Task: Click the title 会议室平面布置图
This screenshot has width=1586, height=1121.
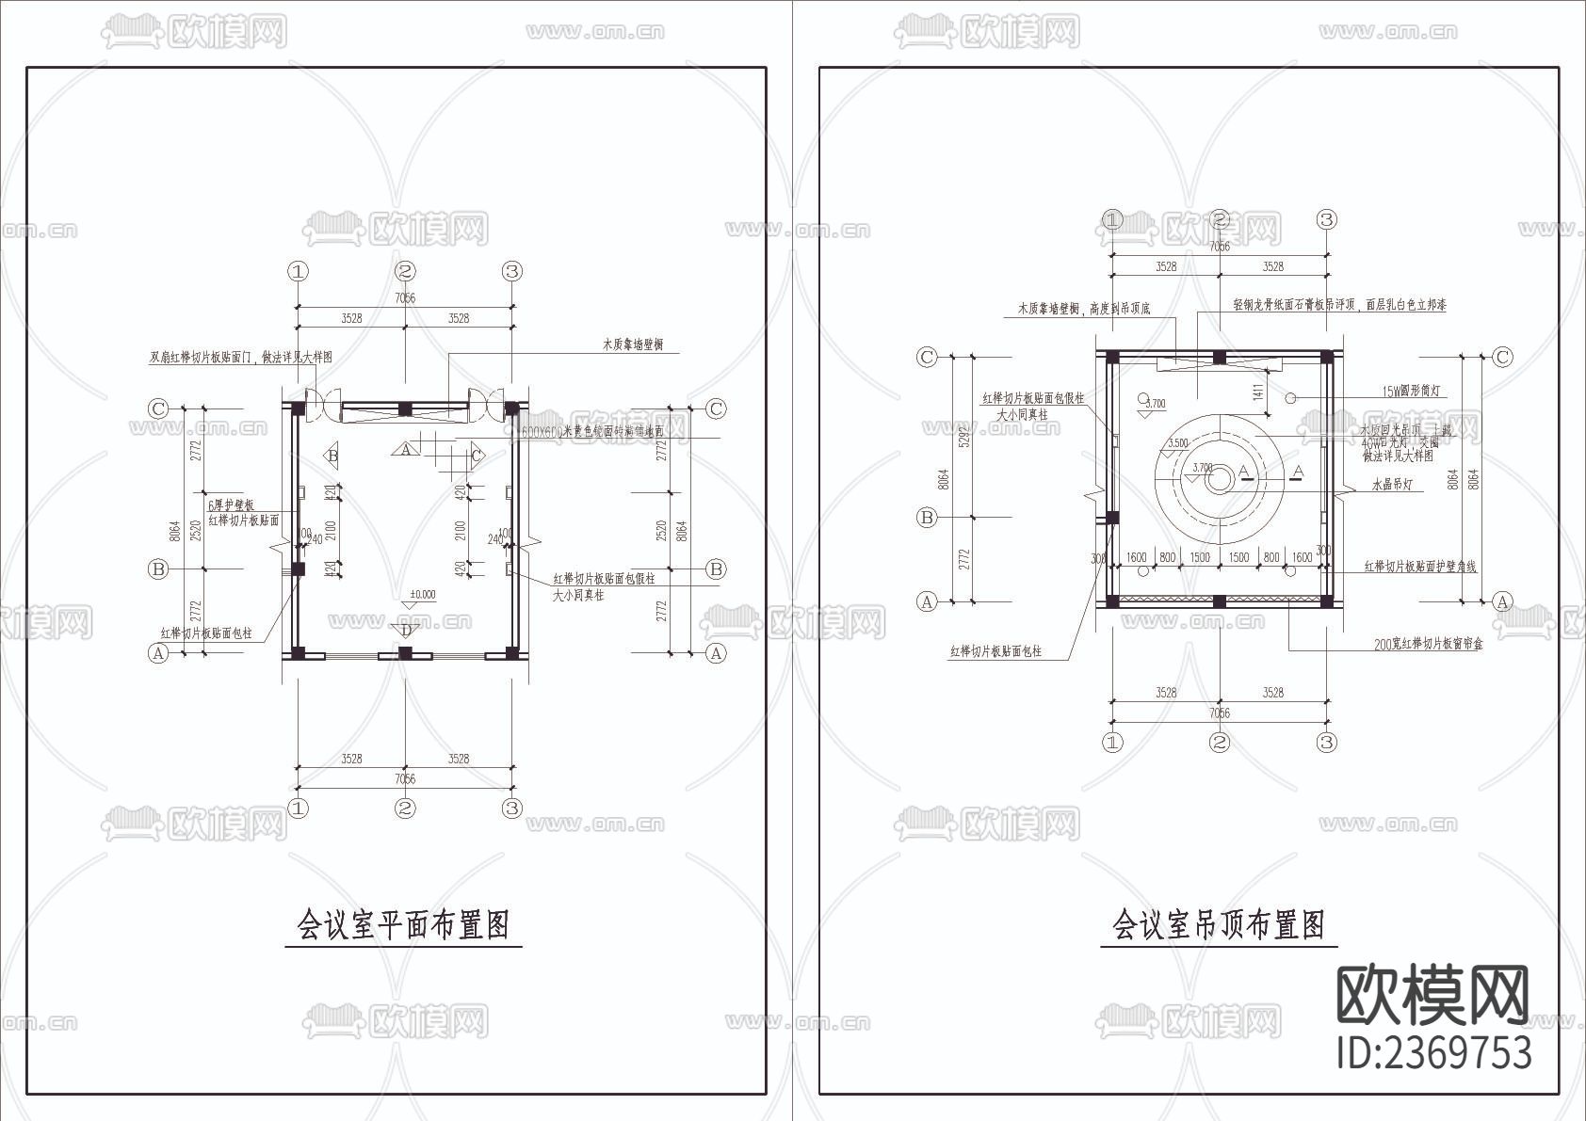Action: (404, 924)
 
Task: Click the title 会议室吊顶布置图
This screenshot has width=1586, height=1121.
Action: (1219, 924)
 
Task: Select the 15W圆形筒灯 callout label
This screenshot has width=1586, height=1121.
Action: (1410, 391)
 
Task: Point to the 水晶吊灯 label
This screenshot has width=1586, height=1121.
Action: (1391, 485)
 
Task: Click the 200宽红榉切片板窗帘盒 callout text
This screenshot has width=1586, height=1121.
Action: (1428, 645)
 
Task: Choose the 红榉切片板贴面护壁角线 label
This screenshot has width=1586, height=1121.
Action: (1420, 567)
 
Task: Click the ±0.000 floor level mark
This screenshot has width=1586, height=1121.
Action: (423, 595)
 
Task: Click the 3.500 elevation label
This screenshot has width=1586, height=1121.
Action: (1177, 443)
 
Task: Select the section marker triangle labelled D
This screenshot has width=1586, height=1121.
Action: (406, 630)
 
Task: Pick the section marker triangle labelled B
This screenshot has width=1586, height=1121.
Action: (332, 456)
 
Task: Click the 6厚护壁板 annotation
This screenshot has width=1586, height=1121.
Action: (230, 505)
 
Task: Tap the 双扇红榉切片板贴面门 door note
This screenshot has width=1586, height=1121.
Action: (241, 358)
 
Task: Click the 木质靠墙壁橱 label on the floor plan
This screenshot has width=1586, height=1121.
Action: (632, 344)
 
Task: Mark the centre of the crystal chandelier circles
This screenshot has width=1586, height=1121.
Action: (1219, 479)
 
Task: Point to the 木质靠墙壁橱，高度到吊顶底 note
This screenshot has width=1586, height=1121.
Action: (1083, 308)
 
